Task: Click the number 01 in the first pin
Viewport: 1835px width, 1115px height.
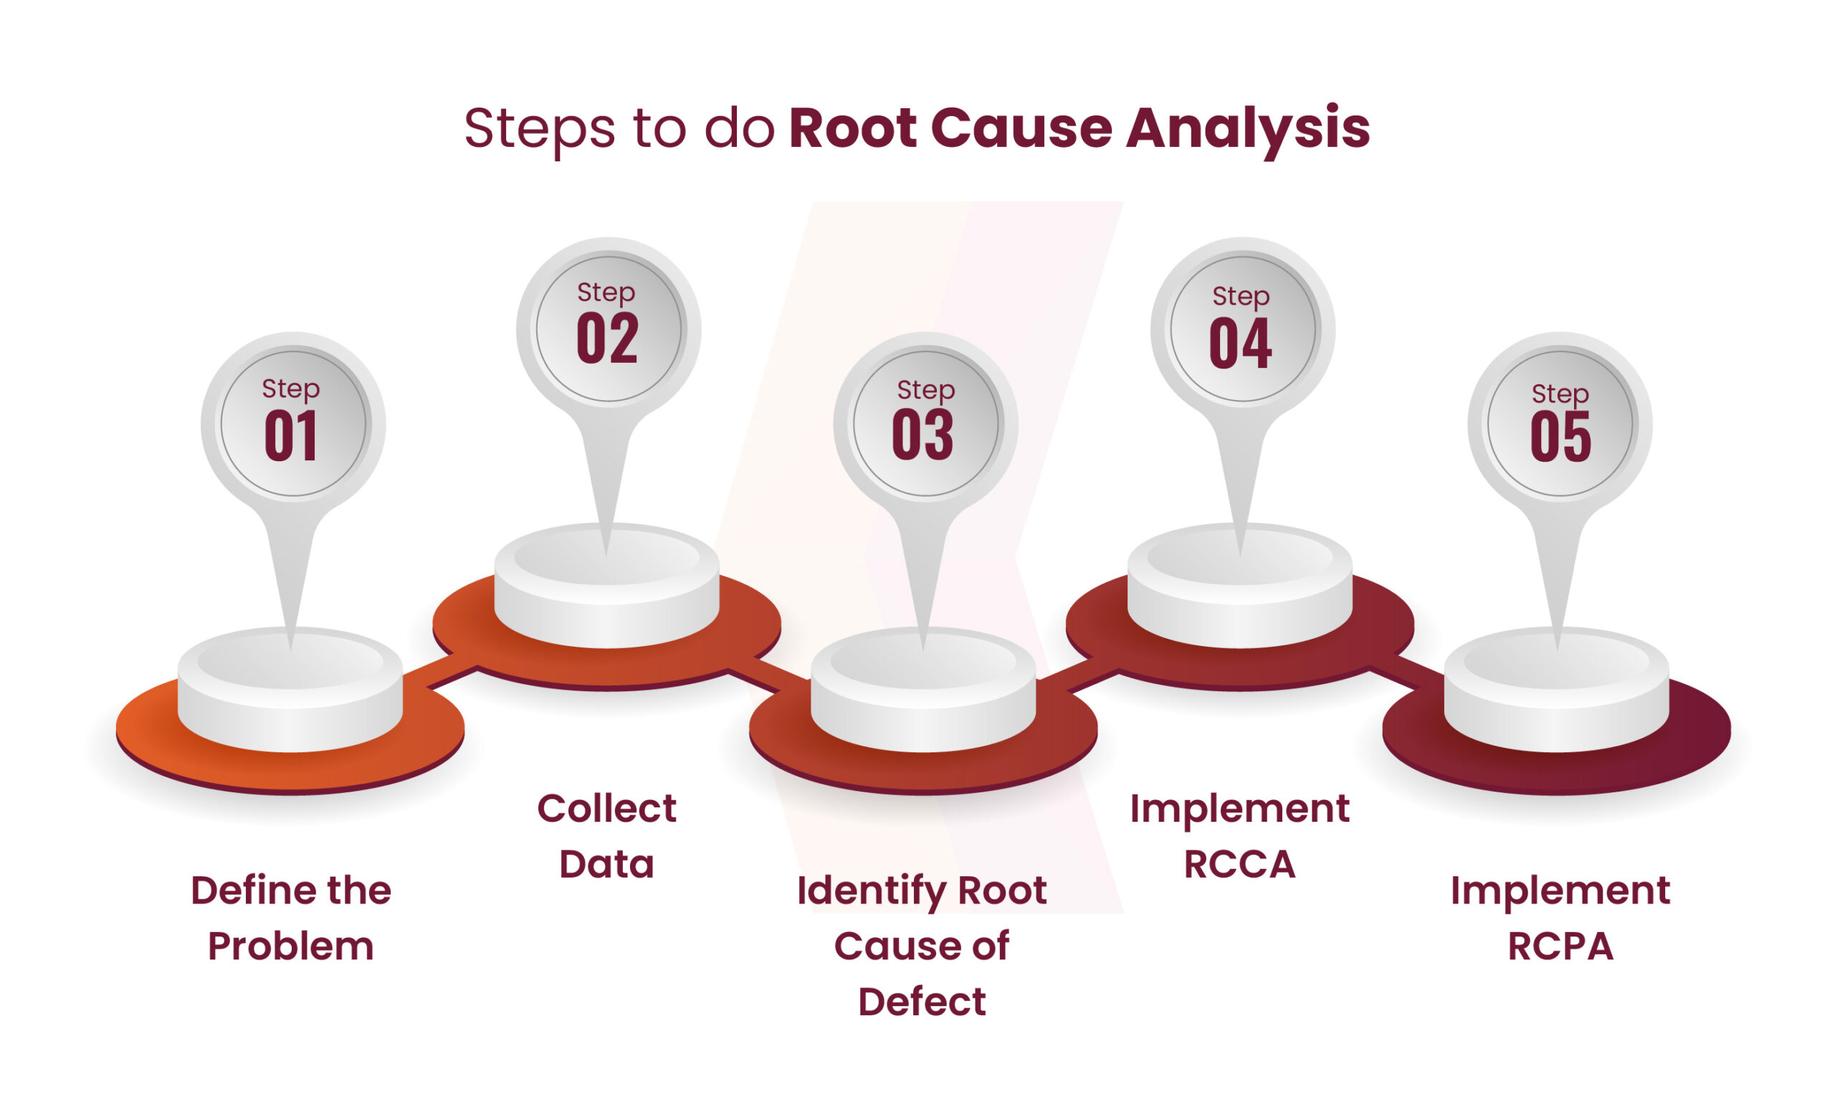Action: point(291,437)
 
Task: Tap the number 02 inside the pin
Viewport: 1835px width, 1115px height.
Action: point(607,340)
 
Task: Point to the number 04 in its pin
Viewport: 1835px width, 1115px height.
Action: point(1240,343)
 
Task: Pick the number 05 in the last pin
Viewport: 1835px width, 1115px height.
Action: point(1560,437)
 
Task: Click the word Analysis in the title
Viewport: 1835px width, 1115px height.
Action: point(1247,128)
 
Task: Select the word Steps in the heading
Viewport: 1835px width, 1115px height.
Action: point(539,130)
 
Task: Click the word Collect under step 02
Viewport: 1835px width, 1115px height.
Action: point(606,809)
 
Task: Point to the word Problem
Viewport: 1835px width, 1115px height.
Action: point(290,946)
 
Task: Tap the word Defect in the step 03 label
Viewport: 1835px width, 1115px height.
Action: point(922,1002)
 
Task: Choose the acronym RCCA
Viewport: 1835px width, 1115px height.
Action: point(1240,865)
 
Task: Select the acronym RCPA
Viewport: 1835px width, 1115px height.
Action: point(1560,946)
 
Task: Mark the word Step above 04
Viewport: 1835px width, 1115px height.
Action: point(1241,296)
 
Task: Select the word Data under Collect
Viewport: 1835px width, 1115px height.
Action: point(606,865)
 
